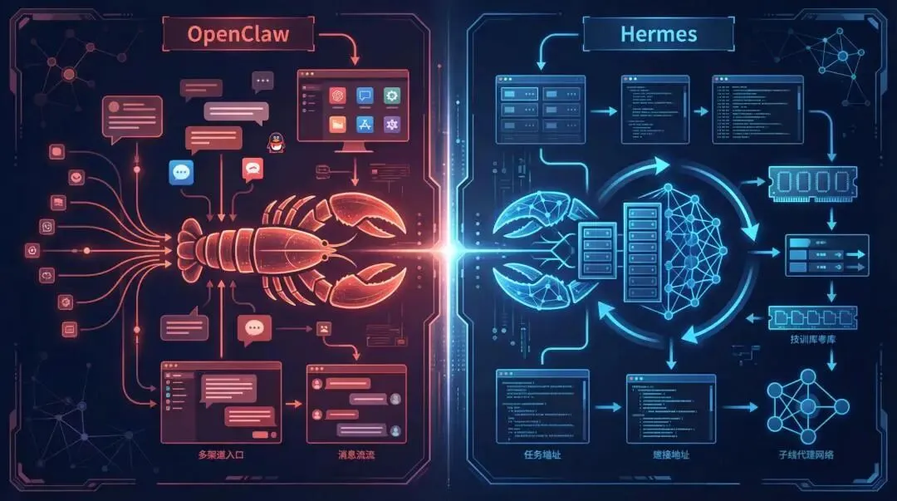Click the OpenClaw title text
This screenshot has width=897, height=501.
click(239, 35)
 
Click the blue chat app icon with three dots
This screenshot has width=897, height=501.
click(181, 171)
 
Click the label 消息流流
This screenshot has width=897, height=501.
click(358, 454)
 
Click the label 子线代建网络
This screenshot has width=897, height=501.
click(806, 454)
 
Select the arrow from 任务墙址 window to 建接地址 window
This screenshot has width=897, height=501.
click(607, 407)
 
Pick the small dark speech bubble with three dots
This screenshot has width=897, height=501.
click(262, 81)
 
